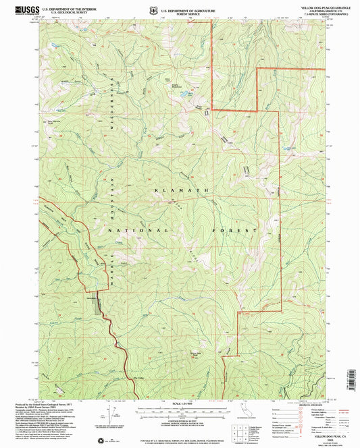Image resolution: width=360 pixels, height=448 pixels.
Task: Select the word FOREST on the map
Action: click(236, 231)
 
